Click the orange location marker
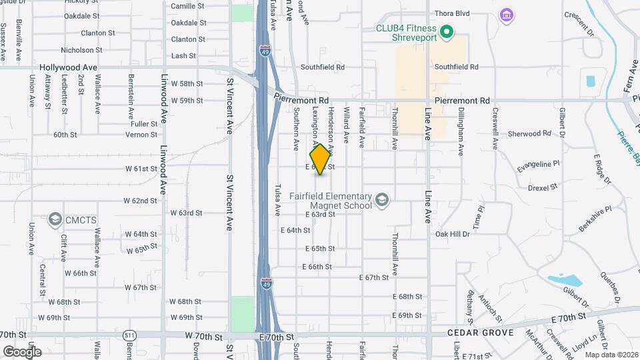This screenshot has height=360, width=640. tap(320, 159)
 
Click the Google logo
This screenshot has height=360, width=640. tap(21, 352)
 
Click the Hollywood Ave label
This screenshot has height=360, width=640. tap(68, 67)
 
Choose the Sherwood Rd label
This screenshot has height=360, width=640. tap(529, 133)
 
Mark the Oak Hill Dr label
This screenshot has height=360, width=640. tap(453, 234)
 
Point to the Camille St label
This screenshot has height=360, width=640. tap(187, 6)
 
